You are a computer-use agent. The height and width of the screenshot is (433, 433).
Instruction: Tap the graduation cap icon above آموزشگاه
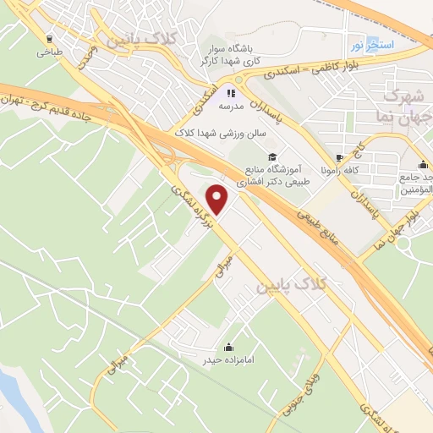point(272,156)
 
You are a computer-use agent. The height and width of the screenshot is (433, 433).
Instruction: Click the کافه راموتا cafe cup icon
point(339,157)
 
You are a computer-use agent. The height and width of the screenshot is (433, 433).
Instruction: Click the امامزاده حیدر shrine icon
point(228,346)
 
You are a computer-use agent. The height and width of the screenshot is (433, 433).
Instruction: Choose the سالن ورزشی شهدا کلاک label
point(220,134)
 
